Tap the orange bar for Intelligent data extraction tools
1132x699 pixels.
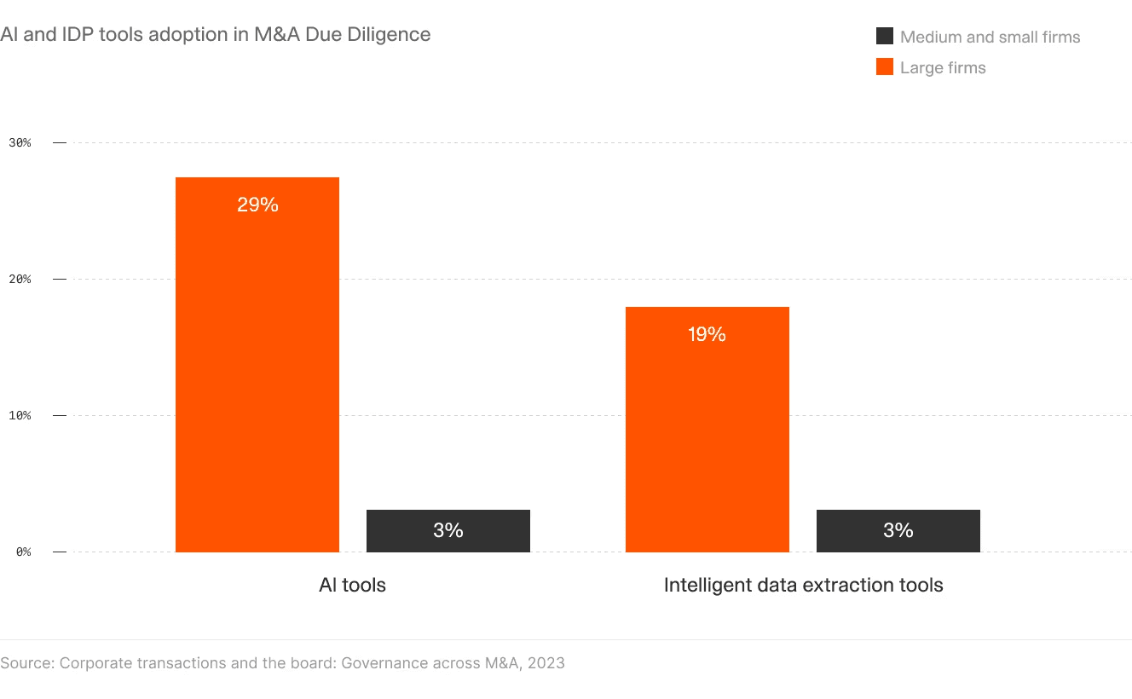(707, 435)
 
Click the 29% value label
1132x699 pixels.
(257, 205)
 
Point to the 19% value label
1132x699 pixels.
(707, 335)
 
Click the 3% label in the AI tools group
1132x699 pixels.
(448, 530)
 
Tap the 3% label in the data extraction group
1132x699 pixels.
(898, 530)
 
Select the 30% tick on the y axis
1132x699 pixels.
(20, 142)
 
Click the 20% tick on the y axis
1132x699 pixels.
(20, 279)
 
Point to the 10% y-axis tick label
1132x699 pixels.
(20, 415)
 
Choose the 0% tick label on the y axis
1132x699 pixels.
(22, 552)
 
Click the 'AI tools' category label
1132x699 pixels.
(352, 585)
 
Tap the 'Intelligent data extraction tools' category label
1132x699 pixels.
(803, 585)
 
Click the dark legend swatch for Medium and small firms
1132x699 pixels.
(885, 37)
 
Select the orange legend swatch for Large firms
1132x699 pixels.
(885, 67)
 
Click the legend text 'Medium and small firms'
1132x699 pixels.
(990, 38)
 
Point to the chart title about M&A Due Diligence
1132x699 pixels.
(216, 35)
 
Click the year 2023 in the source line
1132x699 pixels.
(546, 662)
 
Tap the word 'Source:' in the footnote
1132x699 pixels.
(27, 662)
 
